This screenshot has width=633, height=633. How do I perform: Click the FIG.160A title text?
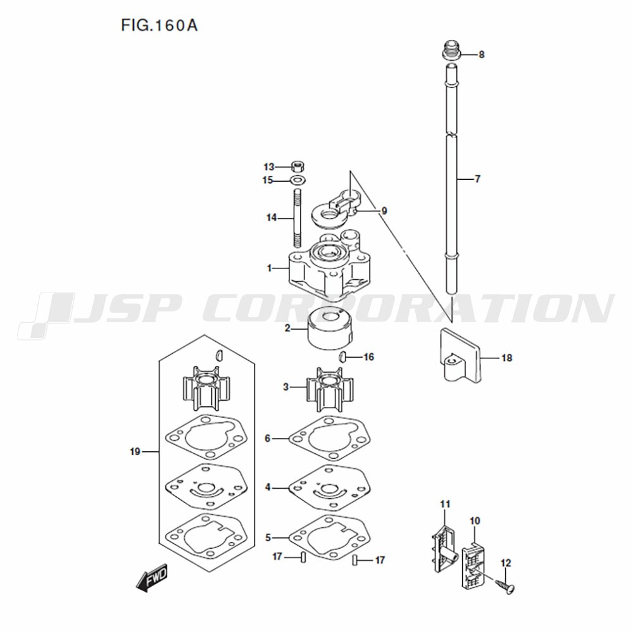click(x=159, y=25)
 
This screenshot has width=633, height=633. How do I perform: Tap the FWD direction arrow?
click(x=152, y=578)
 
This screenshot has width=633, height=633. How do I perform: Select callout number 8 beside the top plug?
click(x=481, y=54)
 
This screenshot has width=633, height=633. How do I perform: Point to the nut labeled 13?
click(x=298, y=166)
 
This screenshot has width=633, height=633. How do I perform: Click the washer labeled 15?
click(x=298, y=180)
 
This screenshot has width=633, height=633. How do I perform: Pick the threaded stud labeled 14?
click(x=298, y=218)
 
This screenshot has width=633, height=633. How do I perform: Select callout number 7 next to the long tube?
click(x=477, y=179)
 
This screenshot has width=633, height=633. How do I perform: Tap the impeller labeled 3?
click(x=330, y=389)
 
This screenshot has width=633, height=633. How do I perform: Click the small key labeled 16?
click(x=342, y=357)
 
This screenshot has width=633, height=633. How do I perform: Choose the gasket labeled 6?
click(x=330, y=439)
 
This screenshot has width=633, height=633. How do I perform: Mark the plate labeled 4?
click(x=330, y=487)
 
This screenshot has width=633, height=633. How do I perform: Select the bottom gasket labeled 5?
click(x=330, y=537)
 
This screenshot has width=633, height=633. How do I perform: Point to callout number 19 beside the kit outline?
click(x=135, y=451)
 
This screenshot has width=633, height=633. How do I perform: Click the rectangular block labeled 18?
click(x=460, y=355)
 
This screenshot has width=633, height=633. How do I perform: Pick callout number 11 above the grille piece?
click(x=445, y=504)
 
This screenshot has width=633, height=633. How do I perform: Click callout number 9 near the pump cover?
click(x=384, y=211)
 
